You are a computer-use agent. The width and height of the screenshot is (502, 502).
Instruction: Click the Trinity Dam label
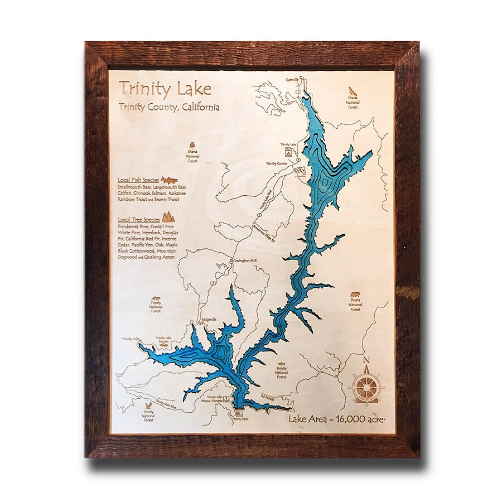[x=239, y=418]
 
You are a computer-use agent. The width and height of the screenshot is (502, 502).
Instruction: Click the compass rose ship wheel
[x=366, y=386]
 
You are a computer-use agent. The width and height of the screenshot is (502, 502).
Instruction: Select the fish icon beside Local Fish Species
[x=169, y=180]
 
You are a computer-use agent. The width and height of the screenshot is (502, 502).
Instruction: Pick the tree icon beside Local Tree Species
[x=168, y=217]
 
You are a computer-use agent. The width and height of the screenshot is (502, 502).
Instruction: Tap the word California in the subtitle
[x=199, y=107]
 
